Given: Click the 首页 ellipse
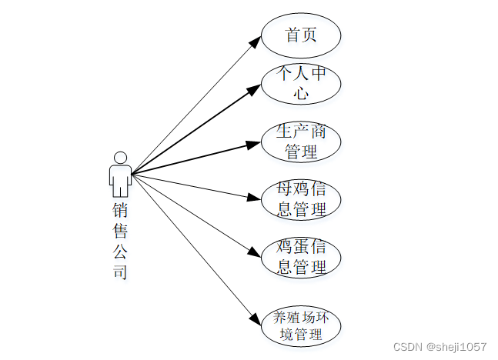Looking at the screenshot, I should pos(301,35).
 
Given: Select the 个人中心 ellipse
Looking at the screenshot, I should pos(301,84).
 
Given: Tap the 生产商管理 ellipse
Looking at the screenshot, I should pos(301,142).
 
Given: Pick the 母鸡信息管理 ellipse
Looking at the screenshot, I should pos(301,199).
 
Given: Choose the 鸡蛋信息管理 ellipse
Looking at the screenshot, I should pos(301,257).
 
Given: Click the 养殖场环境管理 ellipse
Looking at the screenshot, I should pos(301,325).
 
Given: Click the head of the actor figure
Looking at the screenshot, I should pos(120,158).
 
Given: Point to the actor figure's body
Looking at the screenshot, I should pos(120,180).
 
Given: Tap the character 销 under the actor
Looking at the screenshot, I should pos(120,210).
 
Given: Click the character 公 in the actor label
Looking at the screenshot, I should pos(120,252).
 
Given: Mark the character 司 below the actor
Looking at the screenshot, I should pos(120,272).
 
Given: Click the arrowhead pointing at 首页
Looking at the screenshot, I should pos(257,41).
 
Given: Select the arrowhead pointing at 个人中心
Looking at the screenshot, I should pos(255,89).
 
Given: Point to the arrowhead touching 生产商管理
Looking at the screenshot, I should pos(254,144).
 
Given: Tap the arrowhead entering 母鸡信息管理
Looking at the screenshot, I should pos(254,198).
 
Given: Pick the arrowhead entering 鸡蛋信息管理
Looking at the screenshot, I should pos(255,252).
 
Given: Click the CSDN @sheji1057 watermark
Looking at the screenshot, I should pos(440,347).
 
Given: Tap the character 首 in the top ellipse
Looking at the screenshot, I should pos(292,35).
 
